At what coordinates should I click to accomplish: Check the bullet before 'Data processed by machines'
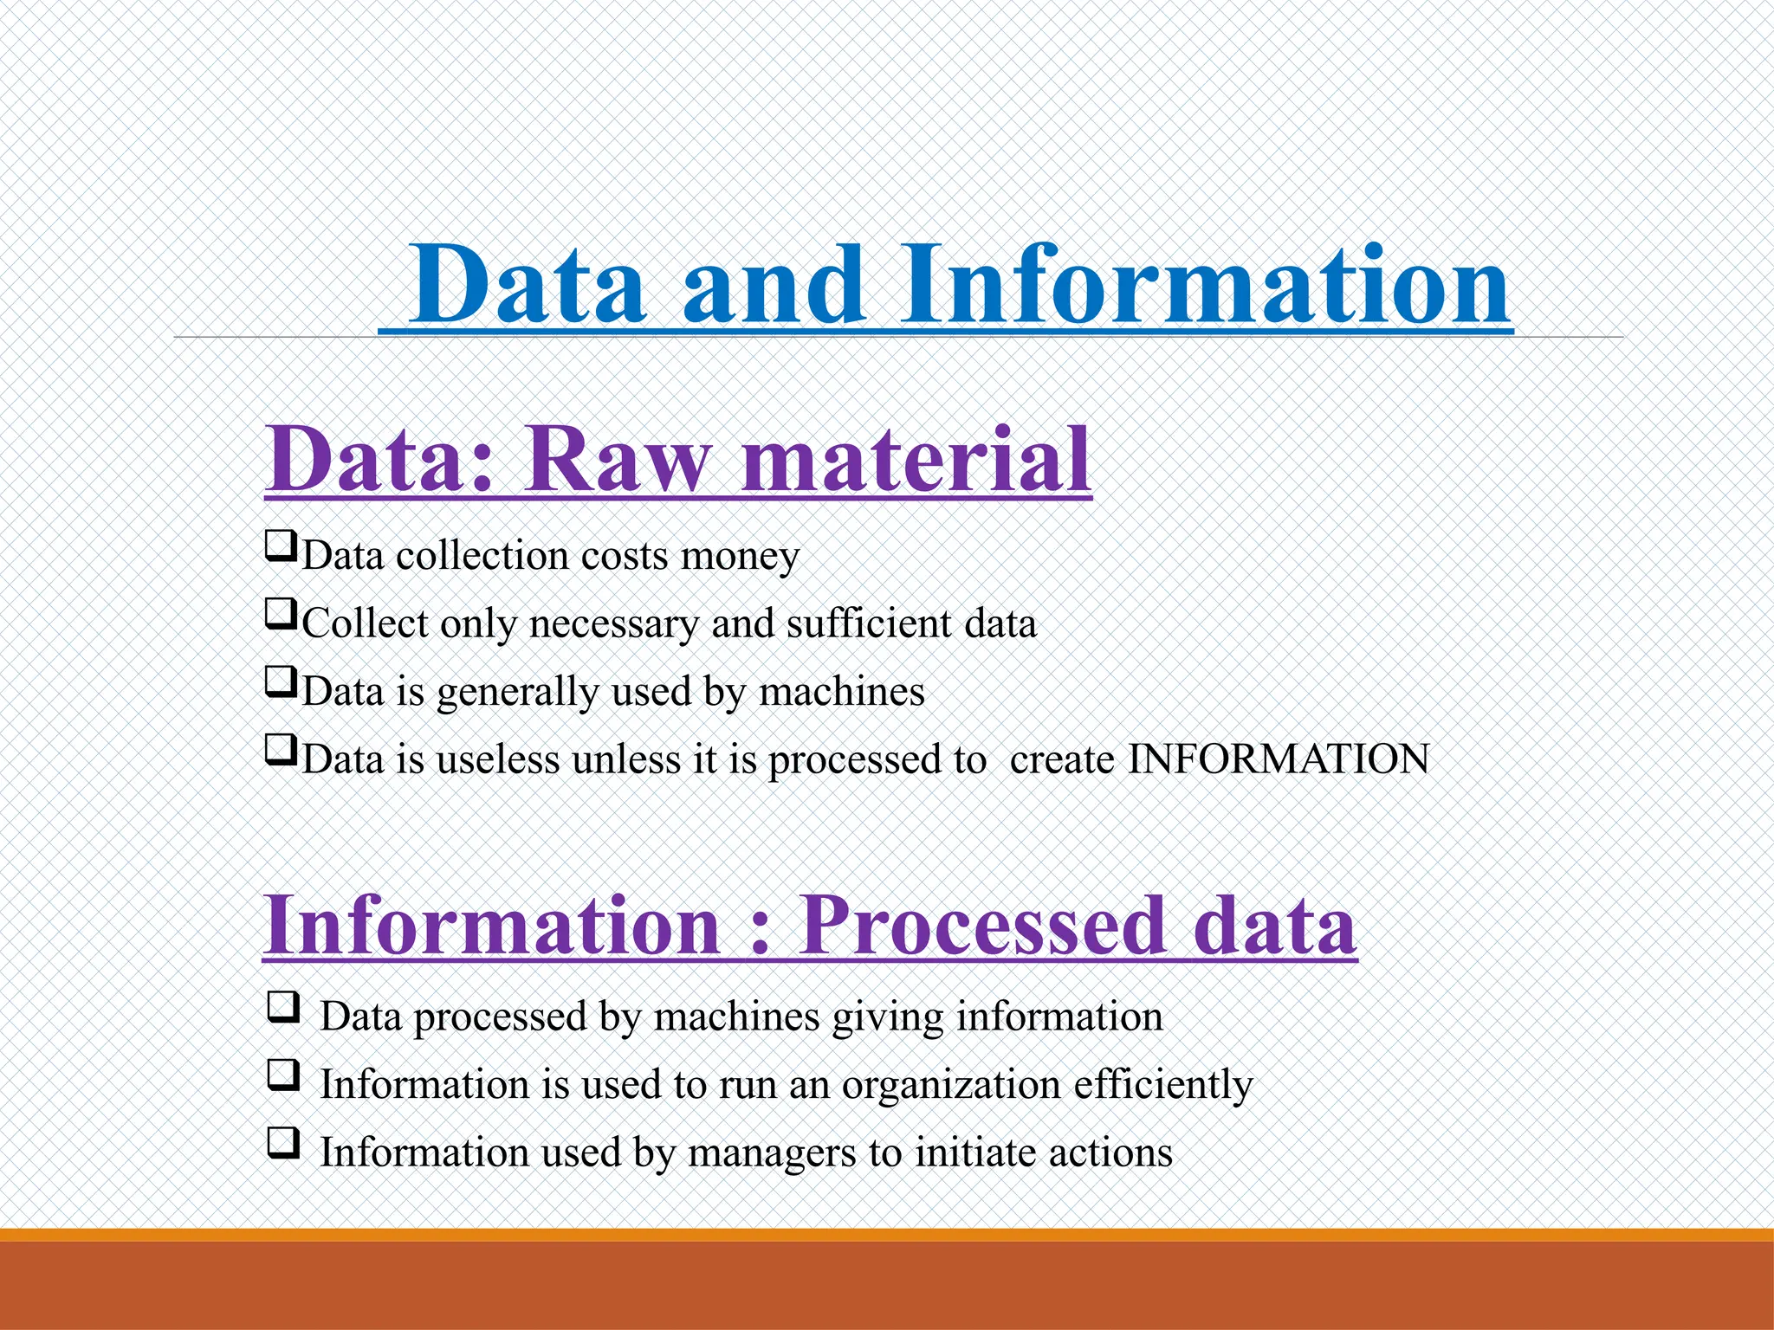coord(283,1007)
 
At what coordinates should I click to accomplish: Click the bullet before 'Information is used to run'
coord(283,1075)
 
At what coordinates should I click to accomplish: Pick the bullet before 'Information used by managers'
coord(283,1143)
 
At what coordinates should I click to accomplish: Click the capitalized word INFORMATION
coord(1278,759)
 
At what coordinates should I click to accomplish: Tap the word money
coord(739,556)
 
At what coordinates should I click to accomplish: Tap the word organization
coord(951,1085)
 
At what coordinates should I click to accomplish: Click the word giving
coord(887,1017)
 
